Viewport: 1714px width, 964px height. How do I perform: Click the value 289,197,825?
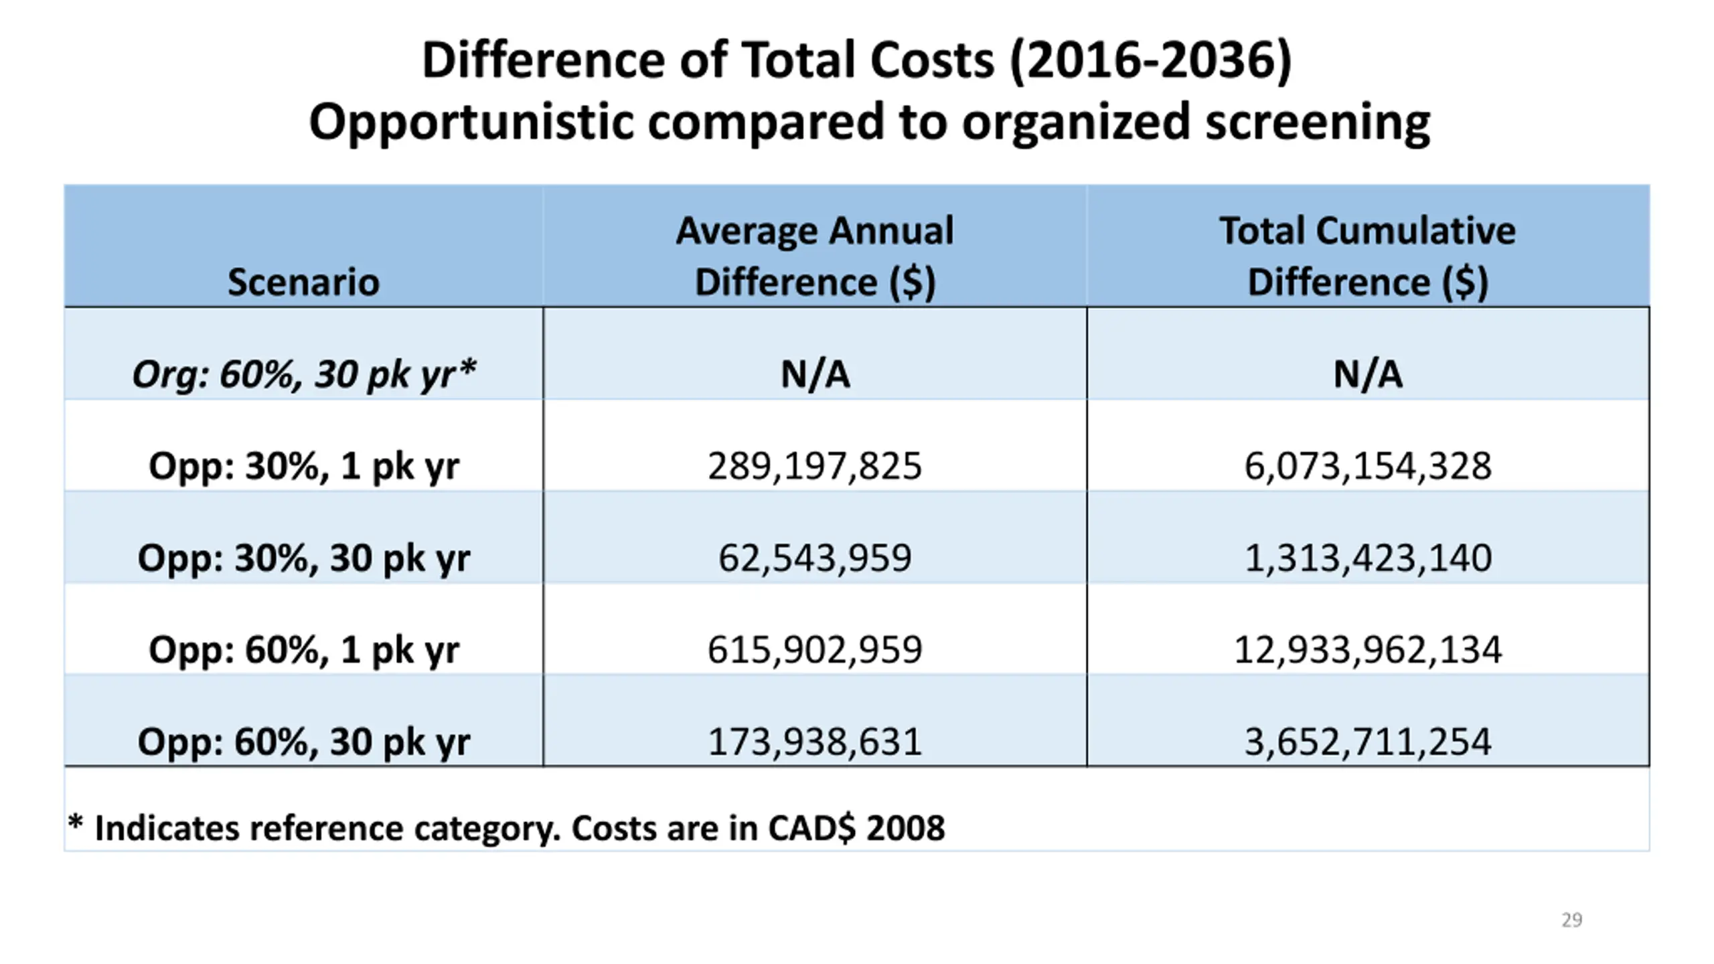coord(815,466)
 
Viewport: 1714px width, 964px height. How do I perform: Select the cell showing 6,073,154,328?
coord(1368,466)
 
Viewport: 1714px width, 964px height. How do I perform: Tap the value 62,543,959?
coord(815,558)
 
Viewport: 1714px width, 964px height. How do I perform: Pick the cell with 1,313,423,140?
coord(1368,558)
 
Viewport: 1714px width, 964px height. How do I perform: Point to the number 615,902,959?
coord(815,649)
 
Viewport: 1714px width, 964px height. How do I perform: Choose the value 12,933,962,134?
coord(1368,649)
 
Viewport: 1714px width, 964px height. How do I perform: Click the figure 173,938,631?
coord(815,742)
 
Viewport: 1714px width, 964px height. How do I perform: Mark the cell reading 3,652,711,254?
coord(1368,742)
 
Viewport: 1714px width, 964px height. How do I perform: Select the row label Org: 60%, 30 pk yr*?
coord(304,374)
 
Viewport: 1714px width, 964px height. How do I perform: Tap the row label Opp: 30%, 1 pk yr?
coord(304,466)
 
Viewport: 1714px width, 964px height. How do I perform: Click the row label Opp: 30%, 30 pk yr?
coord(304,558)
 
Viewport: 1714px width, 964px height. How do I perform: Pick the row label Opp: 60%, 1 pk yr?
coord(304,649)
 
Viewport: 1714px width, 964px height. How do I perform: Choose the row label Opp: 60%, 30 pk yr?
coord(304,742)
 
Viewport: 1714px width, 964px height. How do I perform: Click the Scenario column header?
coord(303,282)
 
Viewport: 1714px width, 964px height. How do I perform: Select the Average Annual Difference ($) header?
coord(815,256)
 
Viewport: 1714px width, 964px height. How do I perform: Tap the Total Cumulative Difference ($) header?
coord(1368,256)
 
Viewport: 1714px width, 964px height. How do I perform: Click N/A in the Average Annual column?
coord(815,374)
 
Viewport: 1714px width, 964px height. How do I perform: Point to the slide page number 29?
coord(1571,920)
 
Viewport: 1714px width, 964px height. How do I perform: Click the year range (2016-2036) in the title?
coord(1150,60)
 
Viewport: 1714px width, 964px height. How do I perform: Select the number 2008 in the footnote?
coord(905,828)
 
